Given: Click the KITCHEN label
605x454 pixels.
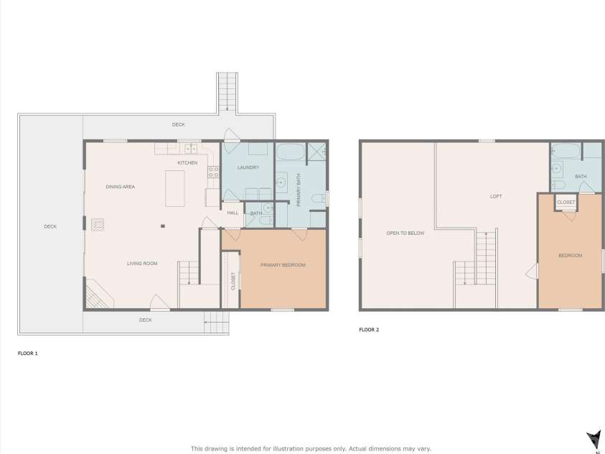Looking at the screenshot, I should pyautogui.click(x=187, y=163).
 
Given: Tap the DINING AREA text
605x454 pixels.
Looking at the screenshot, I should pyautogui.click(x=121, y=187).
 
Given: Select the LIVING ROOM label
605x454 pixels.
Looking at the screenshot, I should pyautogui.click(x=142, y=264).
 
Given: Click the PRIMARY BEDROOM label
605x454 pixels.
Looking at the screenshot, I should pyautogui.click(x=283, y=265).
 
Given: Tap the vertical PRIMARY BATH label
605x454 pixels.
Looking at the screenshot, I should pyautogui.click(x=299, y=191).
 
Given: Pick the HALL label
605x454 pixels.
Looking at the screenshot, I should pyautogui.click(x=233, y=213).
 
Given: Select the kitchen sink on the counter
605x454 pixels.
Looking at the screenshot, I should pyautogui.click(x=190, y=149).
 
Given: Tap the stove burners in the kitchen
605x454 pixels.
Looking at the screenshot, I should pyautogui.click(x=213, y=172).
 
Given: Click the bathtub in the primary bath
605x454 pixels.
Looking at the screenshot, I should pyautogui.click(x=291, y=152).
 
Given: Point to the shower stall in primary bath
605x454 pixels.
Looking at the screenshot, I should pyautogui.click(x=316, y=152).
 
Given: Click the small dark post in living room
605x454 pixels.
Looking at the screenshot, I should pyautogui.click(x=163, y=226).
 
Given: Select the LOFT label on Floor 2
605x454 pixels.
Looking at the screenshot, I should pyautogui.click(x=496, y=196).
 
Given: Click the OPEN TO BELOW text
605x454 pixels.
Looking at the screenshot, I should pyautogui.click(x=405, y=233).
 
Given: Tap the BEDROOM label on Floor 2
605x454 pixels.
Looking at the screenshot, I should pyautogui.click(x=571, y=256).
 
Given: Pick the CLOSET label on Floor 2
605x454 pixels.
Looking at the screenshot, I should pyautogui.click(x=566, y=203).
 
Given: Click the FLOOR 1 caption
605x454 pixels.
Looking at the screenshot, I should pyautogui.click(x=28, y=353).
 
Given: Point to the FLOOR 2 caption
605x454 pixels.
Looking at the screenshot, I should pyautogui.click(x=369, y=330).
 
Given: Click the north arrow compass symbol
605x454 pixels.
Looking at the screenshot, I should pyautogui.click(x=594, y=439).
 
